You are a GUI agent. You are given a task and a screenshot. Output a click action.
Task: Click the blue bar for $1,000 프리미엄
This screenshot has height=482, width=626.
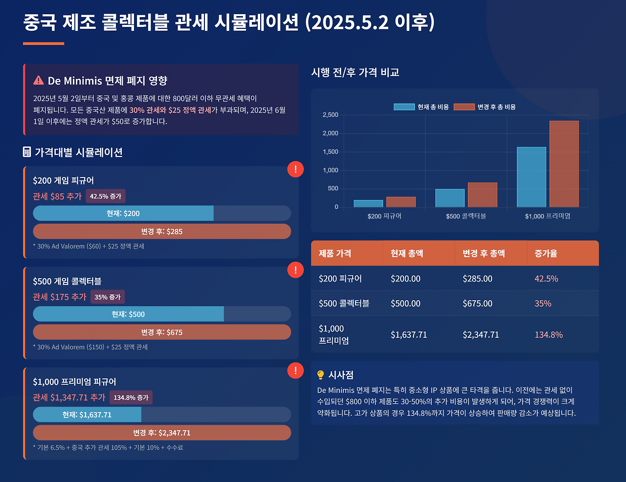pos(532,177)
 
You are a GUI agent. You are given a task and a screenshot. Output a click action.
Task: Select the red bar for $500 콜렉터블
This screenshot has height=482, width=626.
pos(482,195)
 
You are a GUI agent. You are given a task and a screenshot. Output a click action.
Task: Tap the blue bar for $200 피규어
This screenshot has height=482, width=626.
pos(368,203)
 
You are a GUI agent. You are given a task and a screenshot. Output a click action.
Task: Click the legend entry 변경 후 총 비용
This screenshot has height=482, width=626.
pos(485,107)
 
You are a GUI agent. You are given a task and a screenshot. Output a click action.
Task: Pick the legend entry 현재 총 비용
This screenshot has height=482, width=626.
pos(421,107)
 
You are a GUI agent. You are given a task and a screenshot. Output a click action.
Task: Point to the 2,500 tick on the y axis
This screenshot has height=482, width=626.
pos(330,115)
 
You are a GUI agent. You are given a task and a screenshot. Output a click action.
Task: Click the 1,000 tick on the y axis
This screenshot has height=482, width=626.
pos(330,170)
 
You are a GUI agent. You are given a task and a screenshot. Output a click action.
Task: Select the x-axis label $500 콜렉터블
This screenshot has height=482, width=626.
pos(466,216)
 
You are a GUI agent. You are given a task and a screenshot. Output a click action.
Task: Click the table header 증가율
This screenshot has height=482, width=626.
pos(546,253)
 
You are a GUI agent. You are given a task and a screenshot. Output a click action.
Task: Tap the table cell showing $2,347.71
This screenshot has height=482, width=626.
pos(481,335)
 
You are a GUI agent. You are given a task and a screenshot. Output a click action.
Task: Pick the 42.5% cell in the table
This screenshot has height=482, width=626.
pos(546,279)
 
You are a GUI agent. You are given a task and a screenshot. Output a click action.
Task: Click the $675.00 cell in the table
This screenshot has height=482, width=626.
pos(477,304)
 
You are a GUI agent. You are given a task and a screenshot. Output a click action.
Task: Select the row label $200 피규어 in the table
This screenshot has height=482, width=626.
pos(340,279)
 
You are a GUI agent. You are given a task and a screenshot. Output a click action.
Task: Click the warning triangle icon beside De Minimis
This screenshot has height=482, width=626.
pos(39,80)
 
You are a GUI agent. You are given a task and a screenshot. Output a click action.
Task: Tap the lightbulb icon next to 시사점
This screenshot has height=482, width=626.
pos(321,375)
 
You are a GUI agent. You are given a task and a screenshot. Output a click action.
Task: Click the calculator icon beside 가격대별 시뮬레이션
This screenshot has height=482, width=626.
pos(27,152)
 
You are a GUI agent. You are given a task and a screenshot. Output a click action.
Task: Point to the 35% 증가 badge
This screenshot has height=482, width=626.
pos(108,297)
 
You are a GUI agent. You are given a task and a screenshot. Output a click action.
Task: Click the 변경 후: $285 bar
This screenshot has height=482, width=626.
pos(162,232)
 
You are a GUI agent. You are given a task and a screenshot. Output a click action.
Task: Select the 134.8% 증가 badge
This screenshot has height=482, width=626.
pos(131,397)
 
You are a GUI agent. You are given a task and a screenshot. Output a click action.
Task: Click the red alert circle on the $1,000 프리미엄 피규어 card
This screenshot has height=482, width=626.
pos(295,371)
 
